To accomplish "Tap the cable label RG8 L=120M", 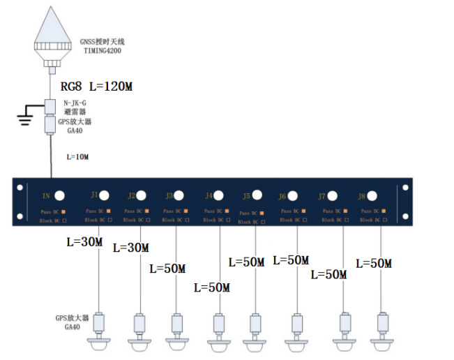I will [96, 87].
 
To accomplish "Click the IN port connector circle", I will [61, 196].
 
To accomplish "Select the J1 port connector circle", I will [103, 195].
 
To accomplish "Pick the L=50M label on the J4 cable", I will [211, 287].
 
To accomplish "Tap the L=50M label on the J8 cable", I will [373, 264].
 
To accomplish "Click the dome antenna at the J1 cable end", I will [100, 343].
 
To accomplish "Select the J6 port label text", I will [282, 196].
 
